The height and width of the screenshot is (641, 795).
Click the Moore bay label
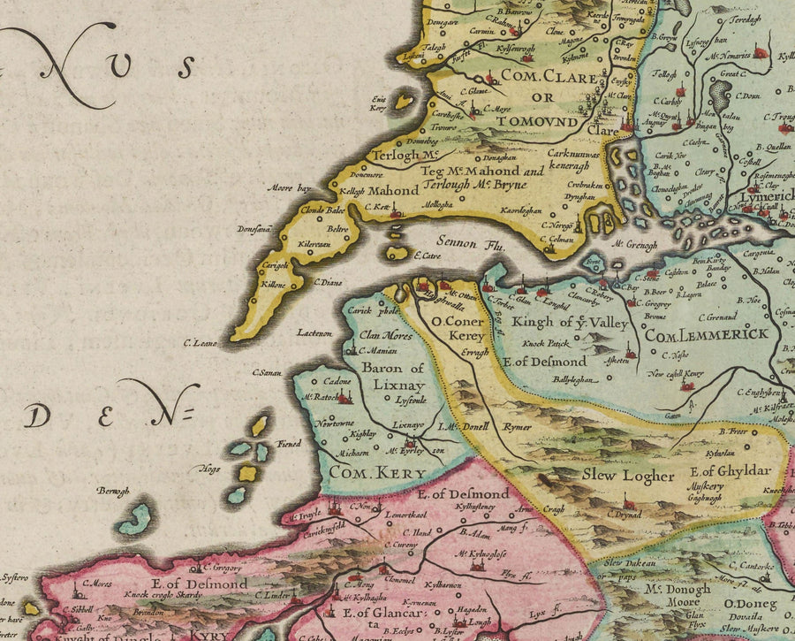tap(292, 188)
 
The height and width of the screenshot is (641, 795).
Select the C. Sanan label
tap(266, 372)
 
